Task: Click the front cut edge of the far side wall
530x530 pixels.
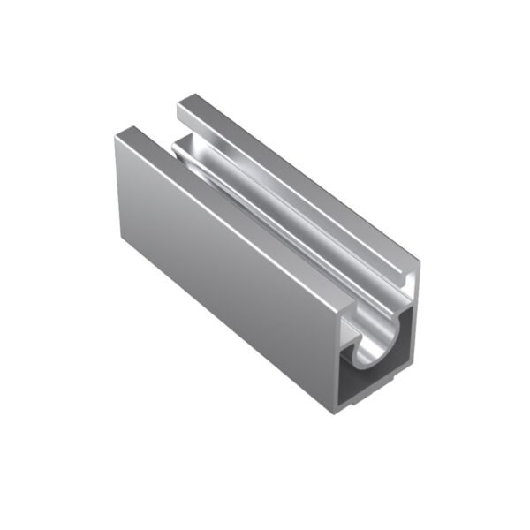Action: (415, 318)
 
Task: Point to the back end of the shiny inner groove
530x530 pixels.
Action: (181, 146)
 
